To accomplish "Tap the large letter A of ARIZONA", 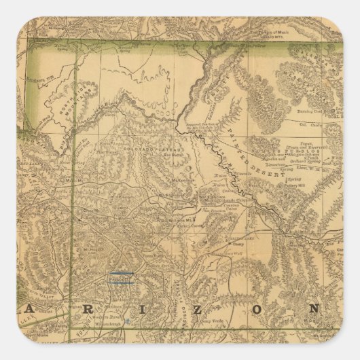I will (31, 309).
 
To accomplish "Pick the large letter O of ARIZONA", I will (261, 310).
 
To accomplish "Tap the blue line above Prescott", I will (121, 274).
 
